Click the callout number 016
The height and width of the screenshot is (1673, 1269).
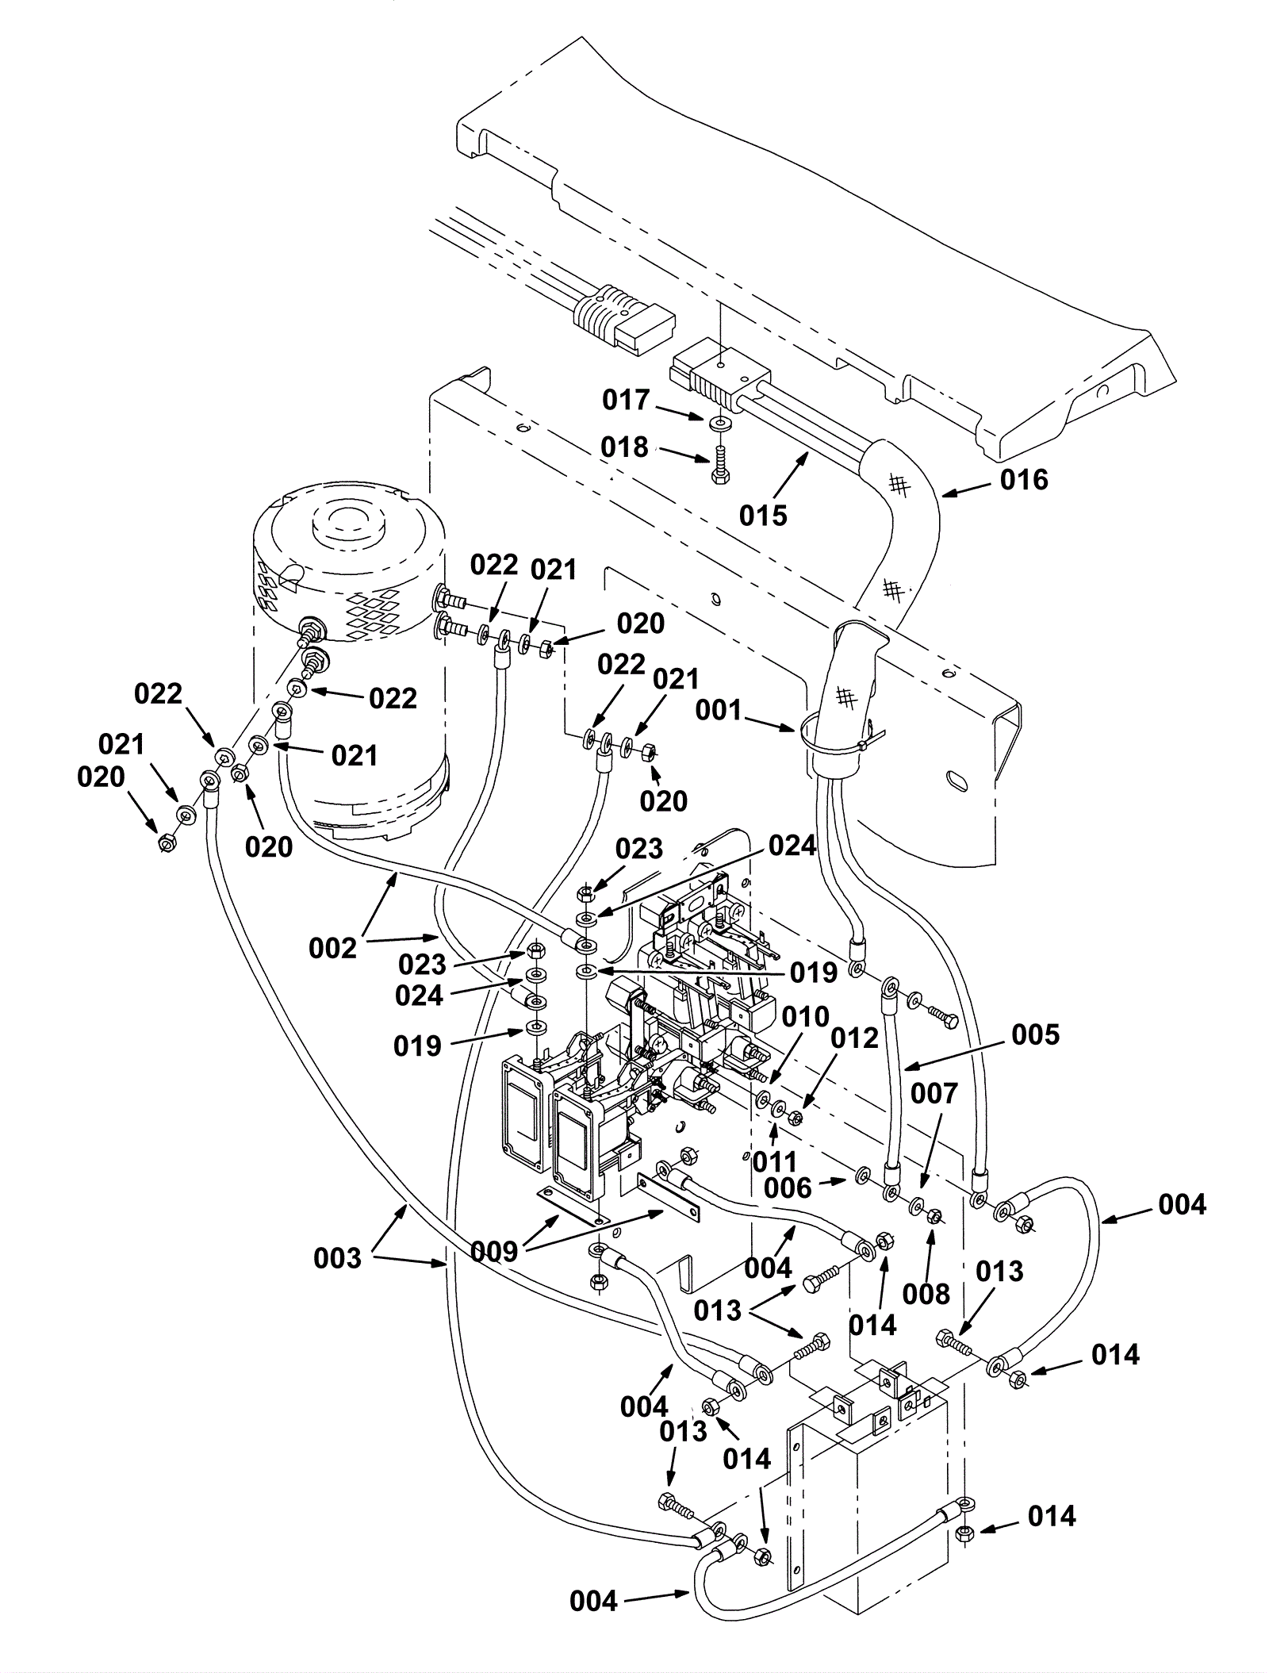pos(1024,480)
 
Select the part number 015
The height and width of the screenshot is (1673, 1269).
pos(763,516)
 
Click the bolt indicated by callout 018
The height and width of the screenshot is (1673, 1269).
pos(720,465)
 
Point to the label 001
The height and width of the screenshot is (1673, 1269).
pos(719,710)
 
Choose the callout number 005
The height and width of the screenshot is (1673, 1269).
pos(1036,1034)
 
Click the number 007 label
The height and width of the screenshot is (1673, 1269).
pos(934,1094)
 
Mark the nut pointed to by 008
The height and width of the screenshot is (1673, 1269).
pos(935,1215)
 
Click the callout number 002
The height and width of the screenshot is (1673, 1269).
pos(333,948)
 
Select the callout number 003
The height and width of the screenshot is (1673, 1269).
pos(337,1258)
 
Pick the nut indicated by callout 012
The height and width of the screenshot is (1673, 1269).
pos(796,1119)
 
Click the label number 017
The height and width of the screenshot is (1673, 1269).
pos(626,401)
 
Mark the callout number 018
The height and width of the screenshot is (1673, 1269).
pos(624,447)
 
